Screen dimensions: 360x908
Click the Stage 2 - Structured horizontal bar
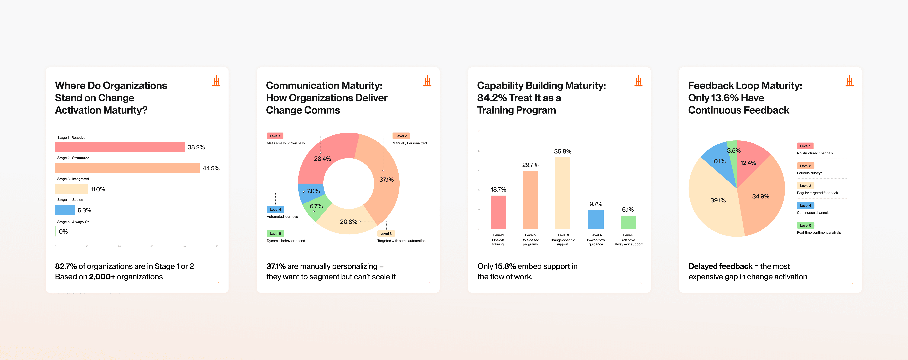pyautogui.click(x=127, y=168)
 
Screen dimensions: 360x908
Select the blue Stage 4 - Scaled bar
pyautogui.click(x=65, y=210)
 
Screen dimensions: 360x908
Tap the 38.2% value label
pyautogui.click(x=196, y=147)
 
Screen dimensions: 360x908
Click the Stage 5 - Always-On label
pyautogui.click(x=73, y=222)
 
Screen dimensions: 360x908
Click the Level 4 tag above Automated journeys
pyautogui.click(x=275, y=209)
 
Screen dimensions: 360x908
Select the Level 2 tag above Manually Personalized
pyautogui.click(x=401, y=136)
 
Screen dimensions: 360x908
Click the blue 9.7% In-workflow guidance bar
pyautogui.click(x=596, y=219)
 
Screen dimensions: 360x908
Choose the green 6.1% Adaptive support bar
pyautogui.click(x=628, y=222)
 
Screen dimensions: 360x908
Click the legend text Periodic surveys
pyautogui.click(x=809, y=173)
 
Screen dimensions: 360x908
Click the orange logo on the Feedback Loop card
pyautogui.click(x=849, y=81)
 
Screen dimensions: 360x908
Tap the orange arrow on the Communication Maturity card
pyautogui.click(x=424, y=283)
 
